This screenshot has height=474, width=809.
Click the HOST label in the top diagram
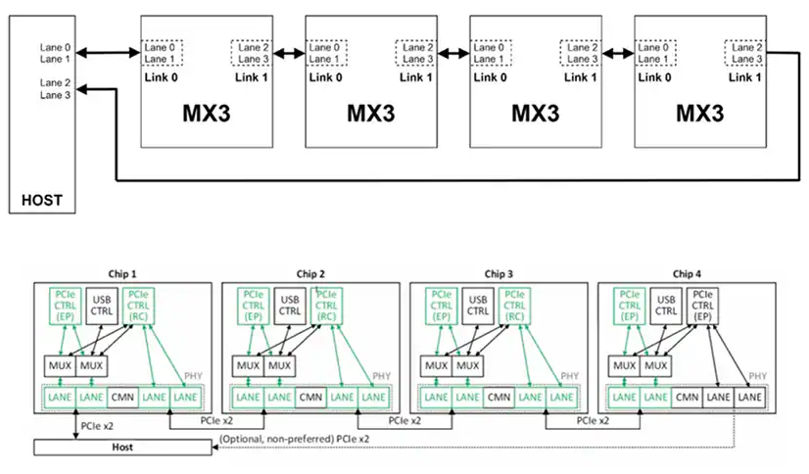[42, 200]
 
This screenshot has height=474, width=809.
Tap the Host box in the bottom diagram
[122, 448]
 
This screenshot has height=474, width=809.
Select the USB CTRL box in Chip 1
[102, 306]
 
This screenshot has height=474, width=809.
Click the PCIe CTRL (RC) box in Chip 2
[326, 306]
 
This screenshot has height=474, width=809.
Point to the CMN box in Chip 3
[499, 398]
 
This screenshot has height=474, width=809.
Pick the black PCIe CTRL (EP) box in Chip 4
[702, 306]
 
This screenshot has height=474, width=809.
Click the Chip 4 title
[687, 274]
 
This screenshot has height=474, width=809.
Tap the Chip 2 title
[310, 274]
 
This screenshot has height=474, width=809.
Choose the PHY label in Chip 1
[193, 376]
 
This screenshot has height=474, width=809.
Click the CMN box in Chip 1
[122, 398]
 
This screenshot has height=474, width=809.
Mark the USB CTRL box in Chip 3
[478, 306]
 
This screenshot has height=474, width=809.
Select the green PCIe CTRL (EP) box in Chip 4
[630, 306]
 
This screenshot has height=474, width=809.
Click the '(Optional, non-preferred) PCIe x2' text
[294, 439]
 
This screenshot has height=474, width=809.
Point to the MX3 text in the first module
[207, 114]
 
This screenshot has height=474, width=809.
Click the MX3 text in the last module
[700, 114]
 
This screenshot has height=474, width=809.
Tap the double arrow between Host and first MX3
[109, 52]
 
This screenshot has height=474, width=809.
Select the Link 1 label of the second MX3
[416, 77]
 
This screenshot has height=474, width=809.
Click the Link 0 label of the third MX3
[490, 77]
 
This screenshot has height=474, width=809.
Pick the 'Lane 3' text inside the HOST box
[55, 95]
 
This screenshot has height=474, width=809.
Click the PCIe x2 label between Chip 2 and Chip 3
[404, 421]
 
